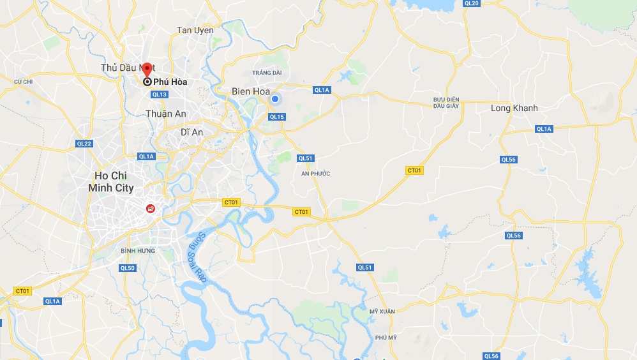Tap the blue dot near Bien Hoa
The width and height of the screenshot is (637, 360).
point(275,99)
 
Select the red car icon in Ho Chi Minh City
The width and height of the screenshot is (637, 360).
point(150,207)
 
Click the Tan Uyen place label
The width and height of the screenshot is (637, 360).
point(195,30)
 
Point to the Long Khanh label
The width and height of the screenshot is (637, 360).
point(514,108)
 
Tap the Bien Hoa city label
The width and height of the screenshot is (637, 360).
point(251,91)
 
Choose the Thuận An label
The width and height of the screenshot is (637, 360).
point(166,113)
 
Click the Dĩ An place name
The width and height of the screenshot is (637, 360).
point(191,131)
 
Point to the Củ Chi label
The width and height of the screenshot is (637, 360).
point(23,82)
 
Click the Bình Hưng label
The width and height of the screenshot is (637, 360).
point(138,251)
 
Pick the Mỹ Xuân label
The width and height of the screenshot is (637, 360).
point(378,311)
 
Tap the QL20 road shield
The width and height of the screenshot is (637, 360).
point(472,3)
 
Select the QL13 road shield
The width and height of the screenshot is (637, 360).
point(159,94)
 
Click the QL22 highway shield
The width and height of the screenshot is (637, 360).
point(84,144)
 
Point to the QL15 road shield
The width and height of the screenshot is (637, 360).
point(276,117)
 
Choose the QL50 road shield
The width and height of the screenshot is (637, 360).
point(128,268)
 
